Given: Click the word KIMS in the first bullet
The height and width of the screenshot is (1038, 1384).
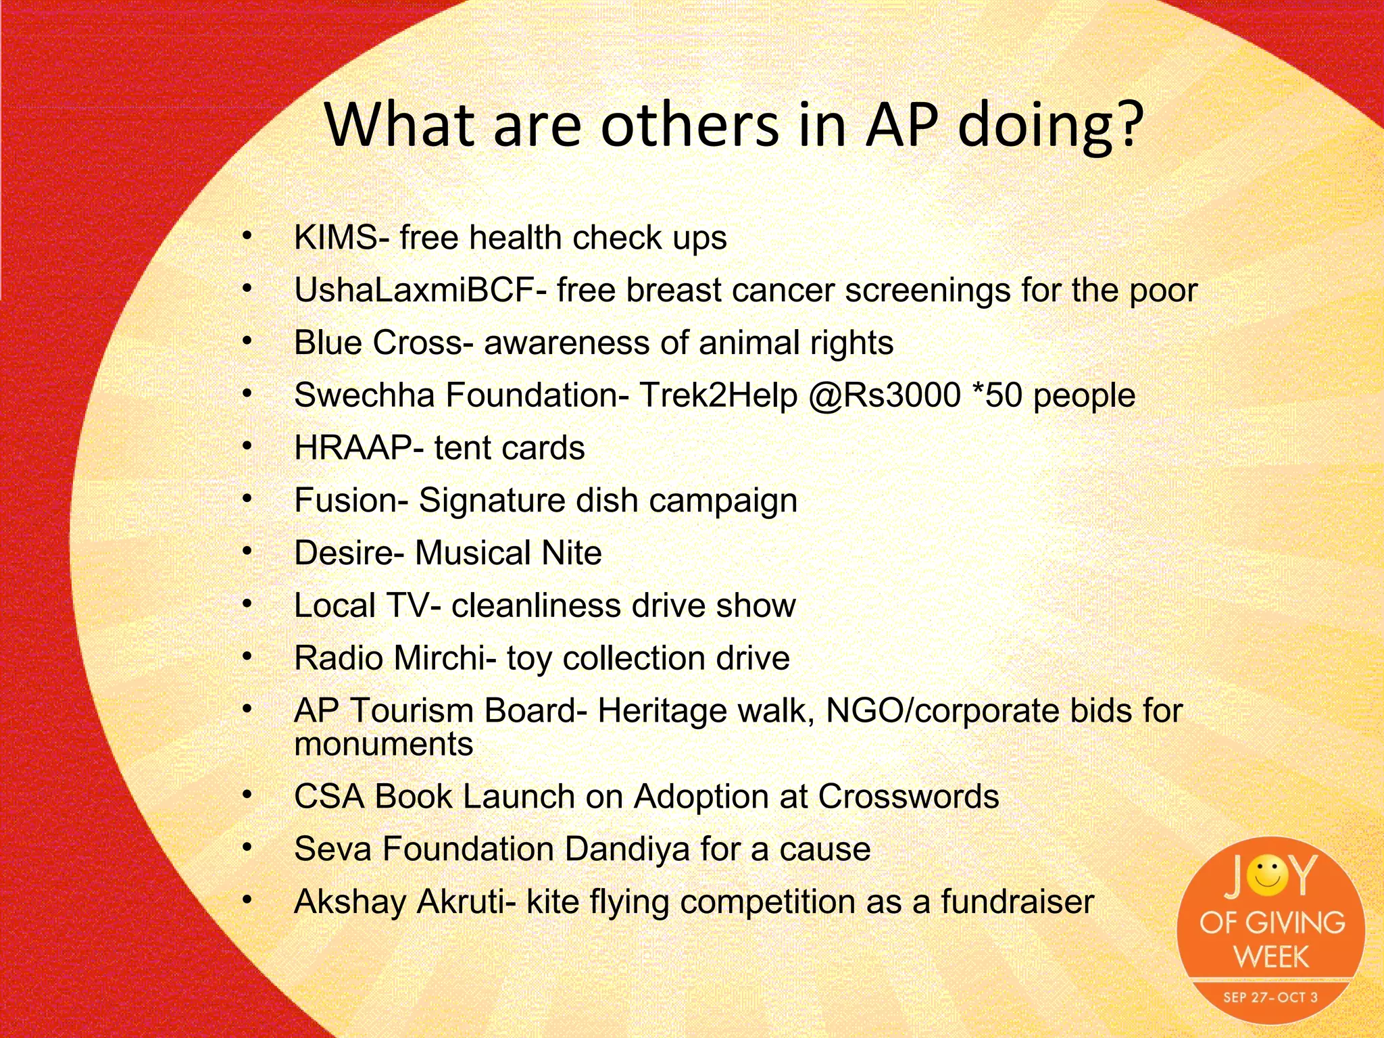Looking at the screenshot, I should (x=336, y=238).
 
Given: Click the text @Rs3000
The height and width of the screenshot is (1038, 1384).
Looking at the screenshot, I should (x=885, y=395).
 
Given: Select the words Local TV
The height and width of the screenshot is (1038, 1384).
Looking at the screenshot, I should (x=362, y=605).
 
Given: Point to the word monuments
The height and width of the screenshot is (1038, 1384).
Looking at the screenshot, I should (x=383, y=744).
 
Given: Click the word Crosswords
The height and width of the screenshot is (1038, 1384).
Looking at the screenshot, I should (x=908, y=797).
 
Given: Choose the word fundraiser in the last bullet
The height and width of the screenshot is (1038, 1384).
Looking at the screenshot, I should (x=1017, y=902).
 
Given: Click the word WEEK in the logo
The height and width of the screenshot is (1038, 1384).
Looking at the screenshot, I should (x=1271, y=957).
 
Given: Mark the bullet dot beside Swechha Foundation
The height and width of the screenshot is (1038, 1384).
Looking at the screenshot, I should (x=247, y=393).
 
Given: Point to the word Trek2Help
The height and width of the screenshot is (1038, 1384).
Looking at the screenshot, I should (x=718, y=395).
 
